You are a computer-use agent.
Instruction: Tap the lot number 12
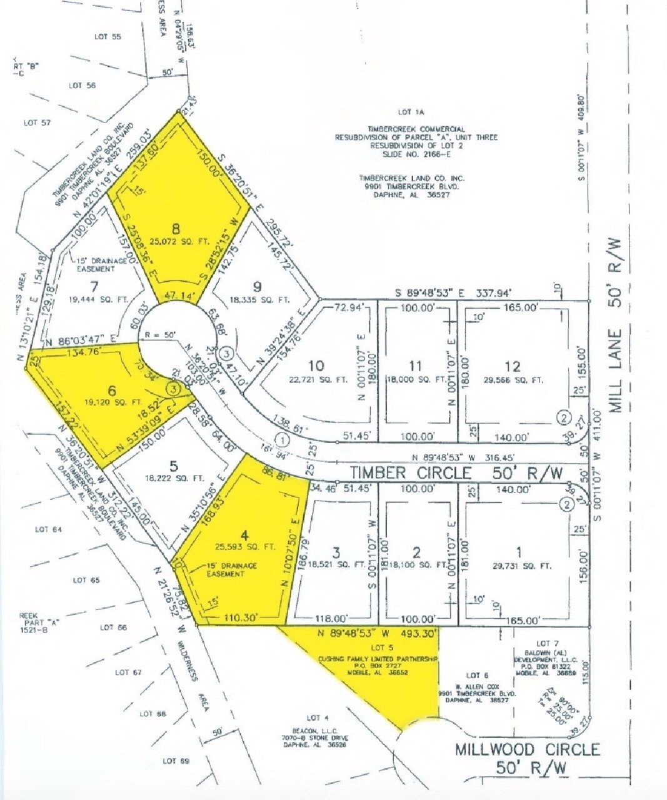click(512, 366)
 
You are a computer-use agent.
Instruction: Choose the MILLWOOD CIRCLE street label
click(528, 749)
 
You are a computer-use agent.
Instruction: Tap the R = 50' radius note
click(158, 335)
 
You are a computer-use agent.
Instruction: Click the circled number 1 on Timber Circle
click(283, 440)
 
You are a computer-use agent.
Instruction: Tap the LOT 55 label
click(108, 37)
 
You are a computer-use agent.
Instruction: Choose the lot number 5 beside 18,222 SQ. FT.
click(173, 466)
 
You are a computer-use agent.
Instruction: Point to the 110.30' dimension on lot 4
click(240, 617)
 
